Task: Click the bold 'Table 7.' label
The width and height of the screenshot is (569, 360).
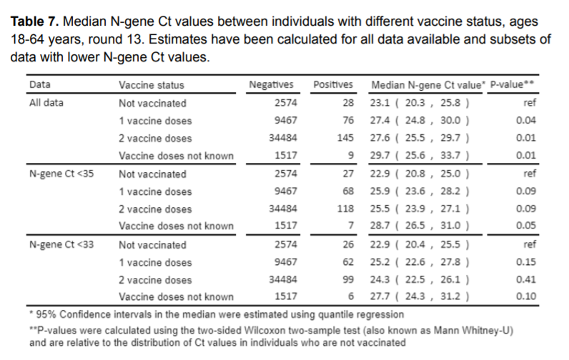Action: [x=34, y=22]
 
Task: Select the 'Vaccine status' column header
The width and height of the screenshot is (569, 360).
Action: [x=151, y=85]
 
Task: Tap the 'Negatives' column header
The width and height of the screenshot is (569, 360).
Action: [x=271, y=85]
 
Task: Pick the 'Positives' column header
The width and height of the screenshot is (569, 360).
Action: [x=333, y=85]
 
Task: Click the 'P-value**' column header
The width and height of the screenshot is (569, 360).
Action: [x=513, y=85]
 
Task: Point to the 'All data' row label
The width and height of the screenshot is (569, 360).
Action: [x=46, y=103]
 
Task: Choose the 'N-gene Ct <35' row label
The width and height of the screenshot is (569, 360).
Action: [x=58, y=174]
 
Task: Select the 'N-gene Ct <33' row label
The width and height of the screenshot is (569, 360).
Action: [x=58, y=244]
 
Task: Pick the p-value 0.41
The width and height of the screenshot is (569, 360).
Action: [x=526, y=279]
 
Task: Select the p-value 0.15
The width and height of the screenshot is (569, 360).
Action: [x=526, y=261]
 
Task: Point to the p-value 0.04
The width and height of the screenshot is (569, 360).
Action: [x=526, y=120]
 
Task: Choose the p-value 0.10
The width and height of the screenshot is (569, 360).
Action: [x=526, y=296]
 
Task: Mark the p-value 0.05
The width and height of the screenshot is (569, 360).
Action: [x=526, y=226]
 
